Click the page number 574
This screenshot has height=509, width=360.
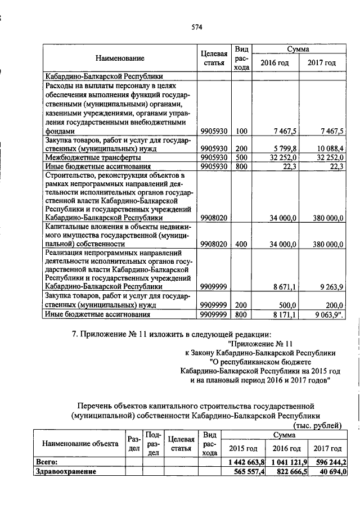(x=196, y=26)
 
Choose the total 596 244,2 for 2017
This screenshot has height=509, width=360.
(x=329, y=462)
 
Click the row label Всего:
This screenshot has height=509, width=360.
(x=47, y=462)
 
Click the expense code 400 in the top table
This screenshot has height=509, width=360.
(x=241, y=245)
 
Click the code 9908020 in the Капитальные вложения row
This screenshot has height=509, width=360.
(x=214, y=245)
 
